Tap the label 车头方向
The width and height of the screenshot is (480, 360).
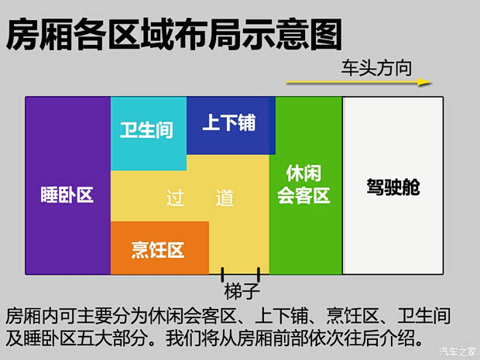tap(376, 65)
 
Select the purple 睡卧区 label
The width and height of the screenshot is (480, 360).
tap(67, 195)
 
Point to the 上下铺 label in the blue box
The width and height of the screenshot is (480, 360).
tap(228, 122)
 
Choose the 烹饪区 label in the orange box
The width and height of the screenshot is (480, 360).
tap(157, 250)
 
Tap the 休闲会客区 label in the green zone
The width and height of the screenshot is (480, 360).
tap(304, 184)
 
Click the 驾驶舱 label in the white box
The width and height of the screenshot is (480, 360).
tap(393, 187)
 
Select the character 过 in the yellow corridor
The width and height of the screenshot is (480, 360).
tap(176, 198)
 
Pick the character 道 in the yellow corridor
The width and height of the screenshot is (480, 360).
tap(225, 198)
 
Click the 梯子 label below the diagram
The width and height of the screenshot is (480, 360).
tap(240, 292)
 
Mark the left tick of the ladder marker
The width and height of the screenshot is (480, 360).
tap(223, 273)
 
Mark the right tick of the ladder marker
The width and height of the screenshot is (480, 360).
tap(259, 273)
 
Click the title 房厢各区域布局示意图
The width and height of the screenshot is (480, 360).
tap(173, 34)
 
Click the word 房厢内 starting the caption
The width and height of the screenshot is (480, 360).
tap(29, 317)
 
